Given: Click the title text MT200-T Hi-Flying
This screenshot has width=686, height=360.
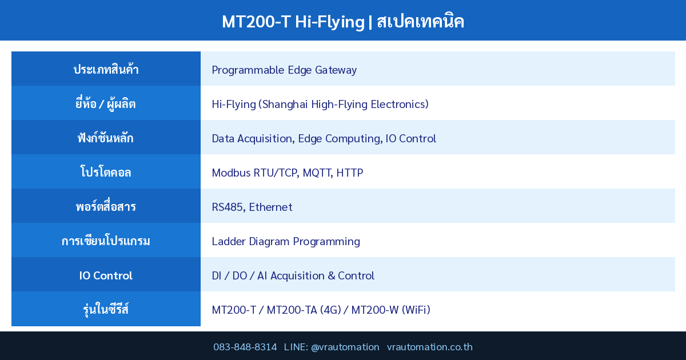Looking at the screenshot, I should pos(293,22).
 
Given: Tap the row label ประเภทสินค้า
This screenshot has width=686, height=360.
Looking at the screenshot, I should pos(106,70).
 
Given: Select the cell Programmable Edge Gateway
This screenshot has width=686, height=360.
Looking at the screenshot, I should pos(284,70).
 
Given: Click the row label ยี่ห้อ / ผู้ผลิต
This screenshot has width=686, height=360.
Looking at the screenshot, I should pos(106,104).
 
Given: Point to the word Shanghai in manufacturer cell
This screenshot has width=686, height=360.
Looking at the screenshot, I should pos(285,104).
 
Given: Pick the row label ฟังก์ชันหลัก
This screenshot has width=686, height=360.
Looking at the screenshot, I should pos(106,138).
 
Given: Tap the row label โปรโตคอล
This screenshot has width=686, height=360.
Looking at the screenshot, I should pos(106,173).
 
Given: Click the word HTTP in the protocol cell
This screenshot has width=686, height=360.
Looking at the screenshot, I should pos(349,173).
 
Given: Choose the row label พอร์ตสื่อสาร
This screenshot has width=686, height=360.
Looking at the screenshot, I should pos(106,207).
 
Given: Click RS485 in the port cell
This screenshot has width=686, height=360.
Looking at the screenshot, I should pos(228,207).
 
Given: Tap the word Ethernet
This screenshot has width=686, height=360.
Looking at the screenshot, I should pos(270,207).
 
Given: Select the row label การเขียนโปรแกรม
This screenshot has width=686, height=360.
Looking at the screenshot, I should pos(106,241).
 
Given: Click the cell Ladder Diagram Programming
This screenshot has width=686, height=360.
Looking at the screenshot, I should pos(286,241).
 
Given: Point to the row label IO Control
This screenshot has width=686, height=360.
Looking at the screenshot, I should pos(106,275).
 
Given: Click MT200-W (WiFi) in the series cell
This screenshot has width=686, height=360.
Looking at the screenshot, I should pos(390,310).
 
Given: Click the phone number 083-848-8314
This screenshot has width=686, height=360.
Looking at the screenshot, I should pos(245,347).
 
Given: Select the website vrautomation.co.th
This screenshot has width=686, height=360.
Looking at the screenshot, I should pos(429,347).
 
